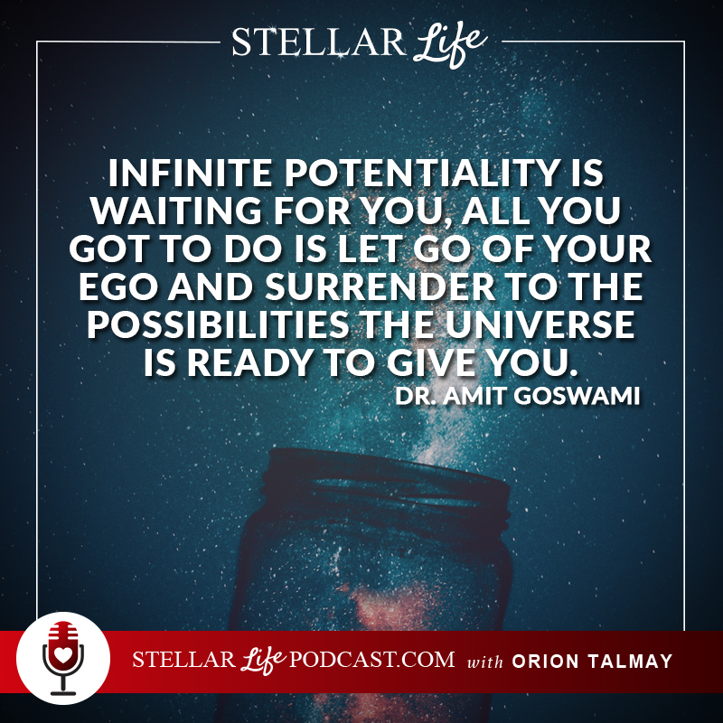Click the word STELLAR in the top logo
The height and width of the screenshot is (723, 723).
319,42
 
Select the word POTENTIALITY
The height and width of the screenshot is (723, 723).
419,173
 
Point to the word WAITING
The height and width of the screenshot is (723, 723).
176,211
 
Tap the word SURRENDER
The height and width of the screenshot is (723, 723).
380,286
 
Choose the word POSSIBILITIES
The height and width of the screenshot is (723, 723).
218,324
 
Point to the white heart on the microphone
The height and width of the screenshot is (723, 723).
63,654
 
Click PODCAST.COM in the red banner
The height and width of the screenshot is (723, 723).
371,660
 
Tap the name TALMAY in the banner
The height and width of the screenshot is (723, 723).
630,662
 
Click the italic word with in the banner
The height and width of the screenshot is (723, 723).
484,662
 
